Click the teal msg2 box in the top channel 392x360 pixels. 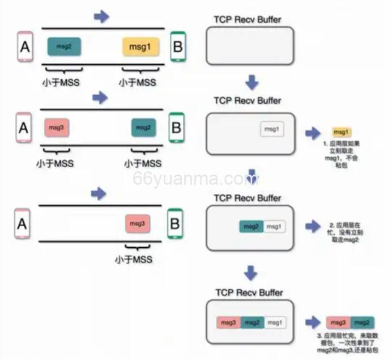pos(64,46)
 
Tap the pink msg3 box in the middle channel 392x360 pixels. pos(56,128)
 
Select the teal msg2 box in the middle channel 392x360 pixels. pos(144,128)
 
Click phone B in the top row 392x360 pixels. pos(177,46)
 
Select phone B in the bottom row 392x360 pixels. pos(174,224)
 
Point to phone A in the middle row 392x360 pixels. pos(23,128)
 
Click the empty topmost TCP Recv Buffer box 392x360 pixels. pos(249,46)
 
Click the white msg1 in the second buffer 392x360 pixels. pos(272,130)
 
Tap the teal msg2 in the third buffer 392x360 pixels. pos(251,227)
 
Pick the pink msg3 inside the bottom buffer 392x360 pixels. pos(229,323)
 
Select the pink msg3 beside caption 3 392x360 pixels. pos(339,323)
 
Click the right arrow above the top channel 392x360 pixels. pos(101,16)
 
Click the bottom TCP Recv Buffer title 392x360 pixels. pos(249,293)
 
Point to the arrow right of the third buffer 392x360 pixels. pos(313,227)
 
